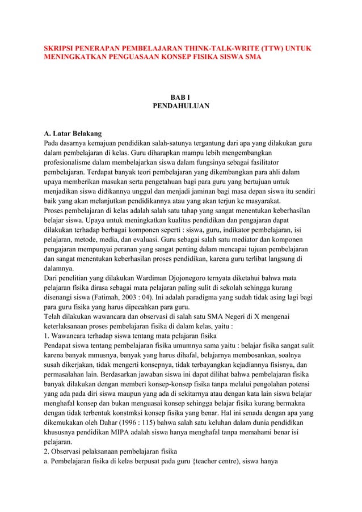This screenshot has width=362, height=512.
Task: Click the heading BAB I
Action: tap(181, 95)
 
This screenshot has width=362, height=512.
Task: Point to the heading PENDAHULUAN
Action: tap(181, 105)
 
